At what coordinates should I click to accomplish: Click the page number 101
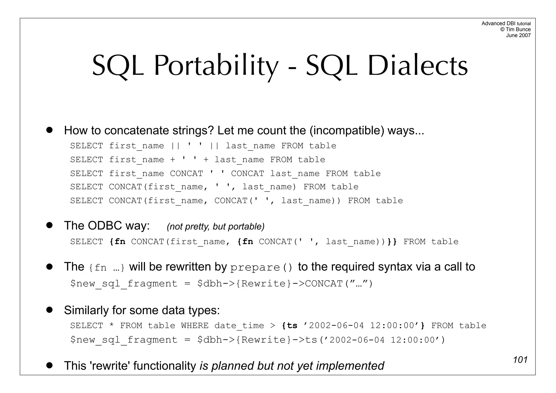point(520,360)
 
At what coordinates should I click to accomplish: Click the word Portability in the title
point(216,66)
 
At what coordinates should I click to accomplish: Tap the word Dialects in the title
point(418,66)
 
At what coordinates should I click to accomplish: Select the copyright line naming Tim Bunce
point(515,29)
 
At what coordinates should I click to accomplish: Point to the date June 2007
point(518,35)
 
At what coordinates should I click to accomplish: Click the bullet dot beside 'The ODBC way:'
point(49,225)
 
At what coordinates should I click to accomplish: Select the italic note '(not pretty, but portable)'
point(216,226)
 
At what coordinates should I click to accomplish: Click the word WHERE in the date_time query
point(195,325)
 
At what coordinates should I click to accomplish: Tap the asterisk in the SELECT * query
point(111,326)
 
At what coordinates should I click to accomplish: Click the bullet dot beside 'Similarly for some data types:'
point(49,310)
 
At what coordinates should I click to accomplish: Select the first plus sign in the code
point(173,160)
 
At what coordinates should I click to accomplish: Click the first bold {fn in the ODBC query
point(117,242)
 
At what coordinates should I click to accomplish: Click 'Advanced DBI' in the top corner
point(498,24)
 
